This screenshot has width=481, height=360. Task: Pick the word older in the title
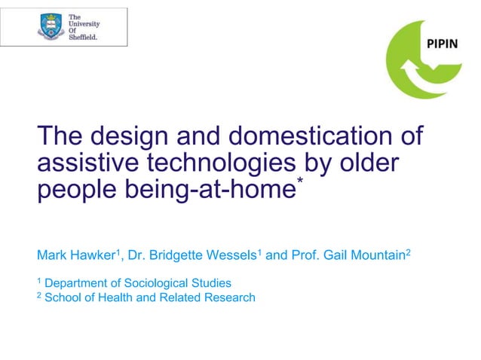click(x=371, y=163)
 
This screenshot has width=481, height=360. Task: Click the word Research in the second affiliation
click(x=229, y=297)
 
